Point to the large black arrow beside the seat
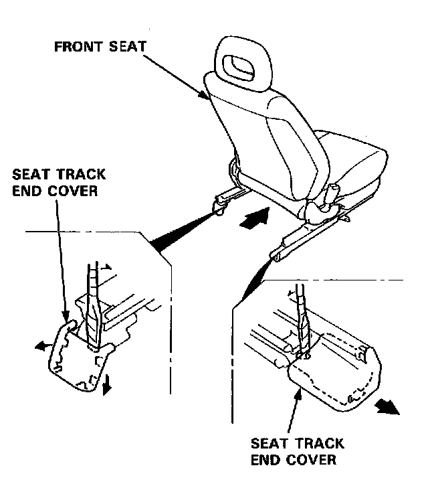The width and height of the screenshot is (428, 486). point(256,218)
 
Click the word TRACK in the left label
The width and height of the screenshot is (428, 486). point(78,175)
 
